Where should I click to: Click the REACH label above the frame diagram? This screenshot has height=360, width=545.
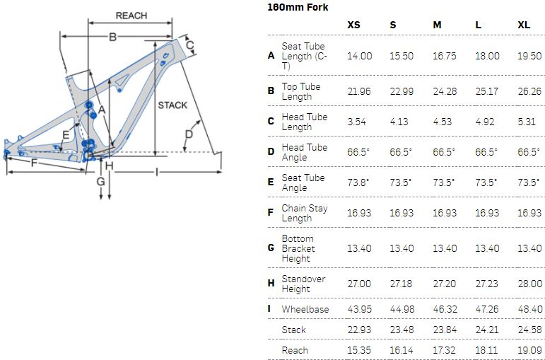click(x=131, y=16)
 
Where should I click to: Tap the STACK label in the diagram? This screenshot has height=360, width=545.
click(x=172, y=105)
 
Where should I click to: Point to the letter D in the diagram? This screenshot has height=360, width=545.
click(x=189, y=134)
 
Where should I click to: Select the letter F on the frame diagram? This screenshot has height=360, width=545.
click(x=34, y=163)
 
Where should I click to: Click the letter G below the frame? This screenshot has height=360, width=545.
click(x=100, y=181)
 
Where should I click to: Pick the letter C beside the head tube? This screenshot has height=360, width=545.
click(x=189, y=45)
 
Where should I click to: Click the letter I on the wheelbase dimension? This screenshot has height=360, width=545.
click(x=157, y=172)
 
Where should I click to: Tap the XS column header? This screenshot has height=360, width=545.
click(x=354, y=25)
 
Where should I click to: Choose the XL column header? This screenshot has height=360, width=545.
click(x=524, y=25)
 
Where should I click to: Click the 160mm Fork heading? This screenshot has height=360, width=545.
click(x=298, y=7)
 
